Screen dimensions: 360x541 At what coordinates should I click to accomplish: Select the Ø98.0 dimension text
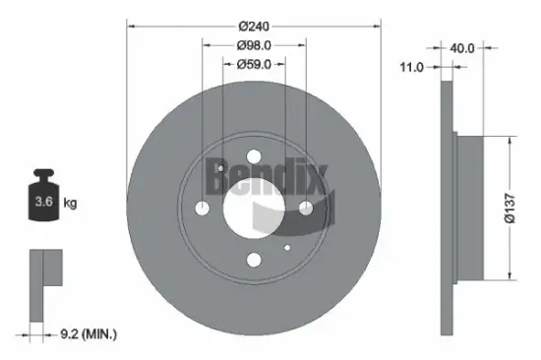[254, 44]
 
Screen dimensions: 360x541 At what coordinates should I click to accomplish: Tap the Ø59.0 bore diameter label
[254, 64]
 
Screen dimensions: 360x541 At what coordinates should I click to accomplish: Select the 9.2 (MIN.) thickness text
[87, 335]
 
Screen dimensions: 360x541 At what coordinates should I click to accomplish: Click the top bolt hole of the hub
[253, 156]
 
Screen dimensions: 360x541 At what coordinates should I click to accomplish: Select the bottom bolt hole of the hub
[253, 261]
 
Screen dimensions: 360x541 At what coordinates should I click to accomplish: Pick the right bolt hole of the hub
[305, 209]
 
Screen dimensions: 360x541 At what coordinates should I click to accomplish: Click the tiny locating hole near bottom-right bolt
[285, 246]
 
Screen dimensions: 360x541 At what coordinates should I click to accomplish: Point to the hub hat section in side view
[466, 207]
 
